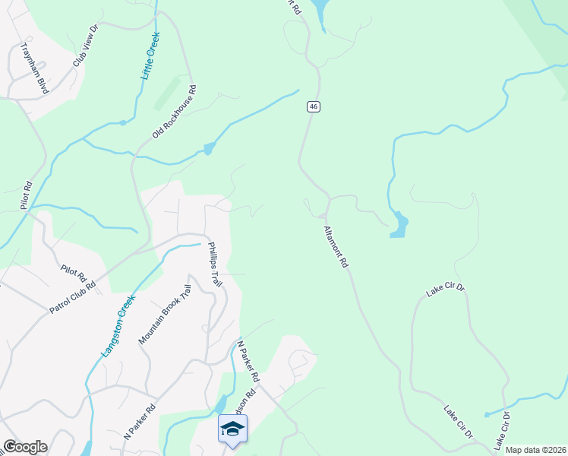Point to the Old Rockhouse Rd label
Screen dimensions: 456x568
tap(175, 111)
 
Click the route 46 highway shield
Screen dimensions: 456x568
tap(313, 106)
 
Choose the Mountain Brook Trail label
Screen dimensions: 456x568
tap(163, 315)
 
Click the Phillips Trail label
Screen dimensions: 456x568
tap(215, 264)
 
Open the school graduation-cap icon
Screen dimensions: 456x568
tap(232, 429)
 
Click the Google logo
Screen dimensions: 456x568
tap(25, 447)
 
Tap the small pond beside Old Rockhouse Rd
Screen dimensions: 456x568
tap(209, 149)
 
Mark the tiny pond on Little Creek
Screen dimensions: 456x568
tap(122, 122)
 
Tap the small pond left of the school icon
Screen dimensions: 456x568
tap(221, 402)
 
